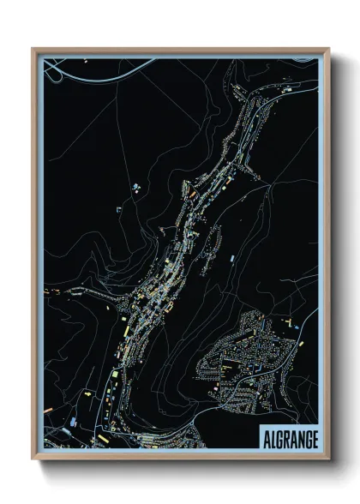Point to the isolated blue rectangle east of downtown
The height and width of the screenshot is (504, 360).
231,257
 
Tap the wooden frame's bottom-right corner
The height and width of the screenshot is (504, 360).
328,459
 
